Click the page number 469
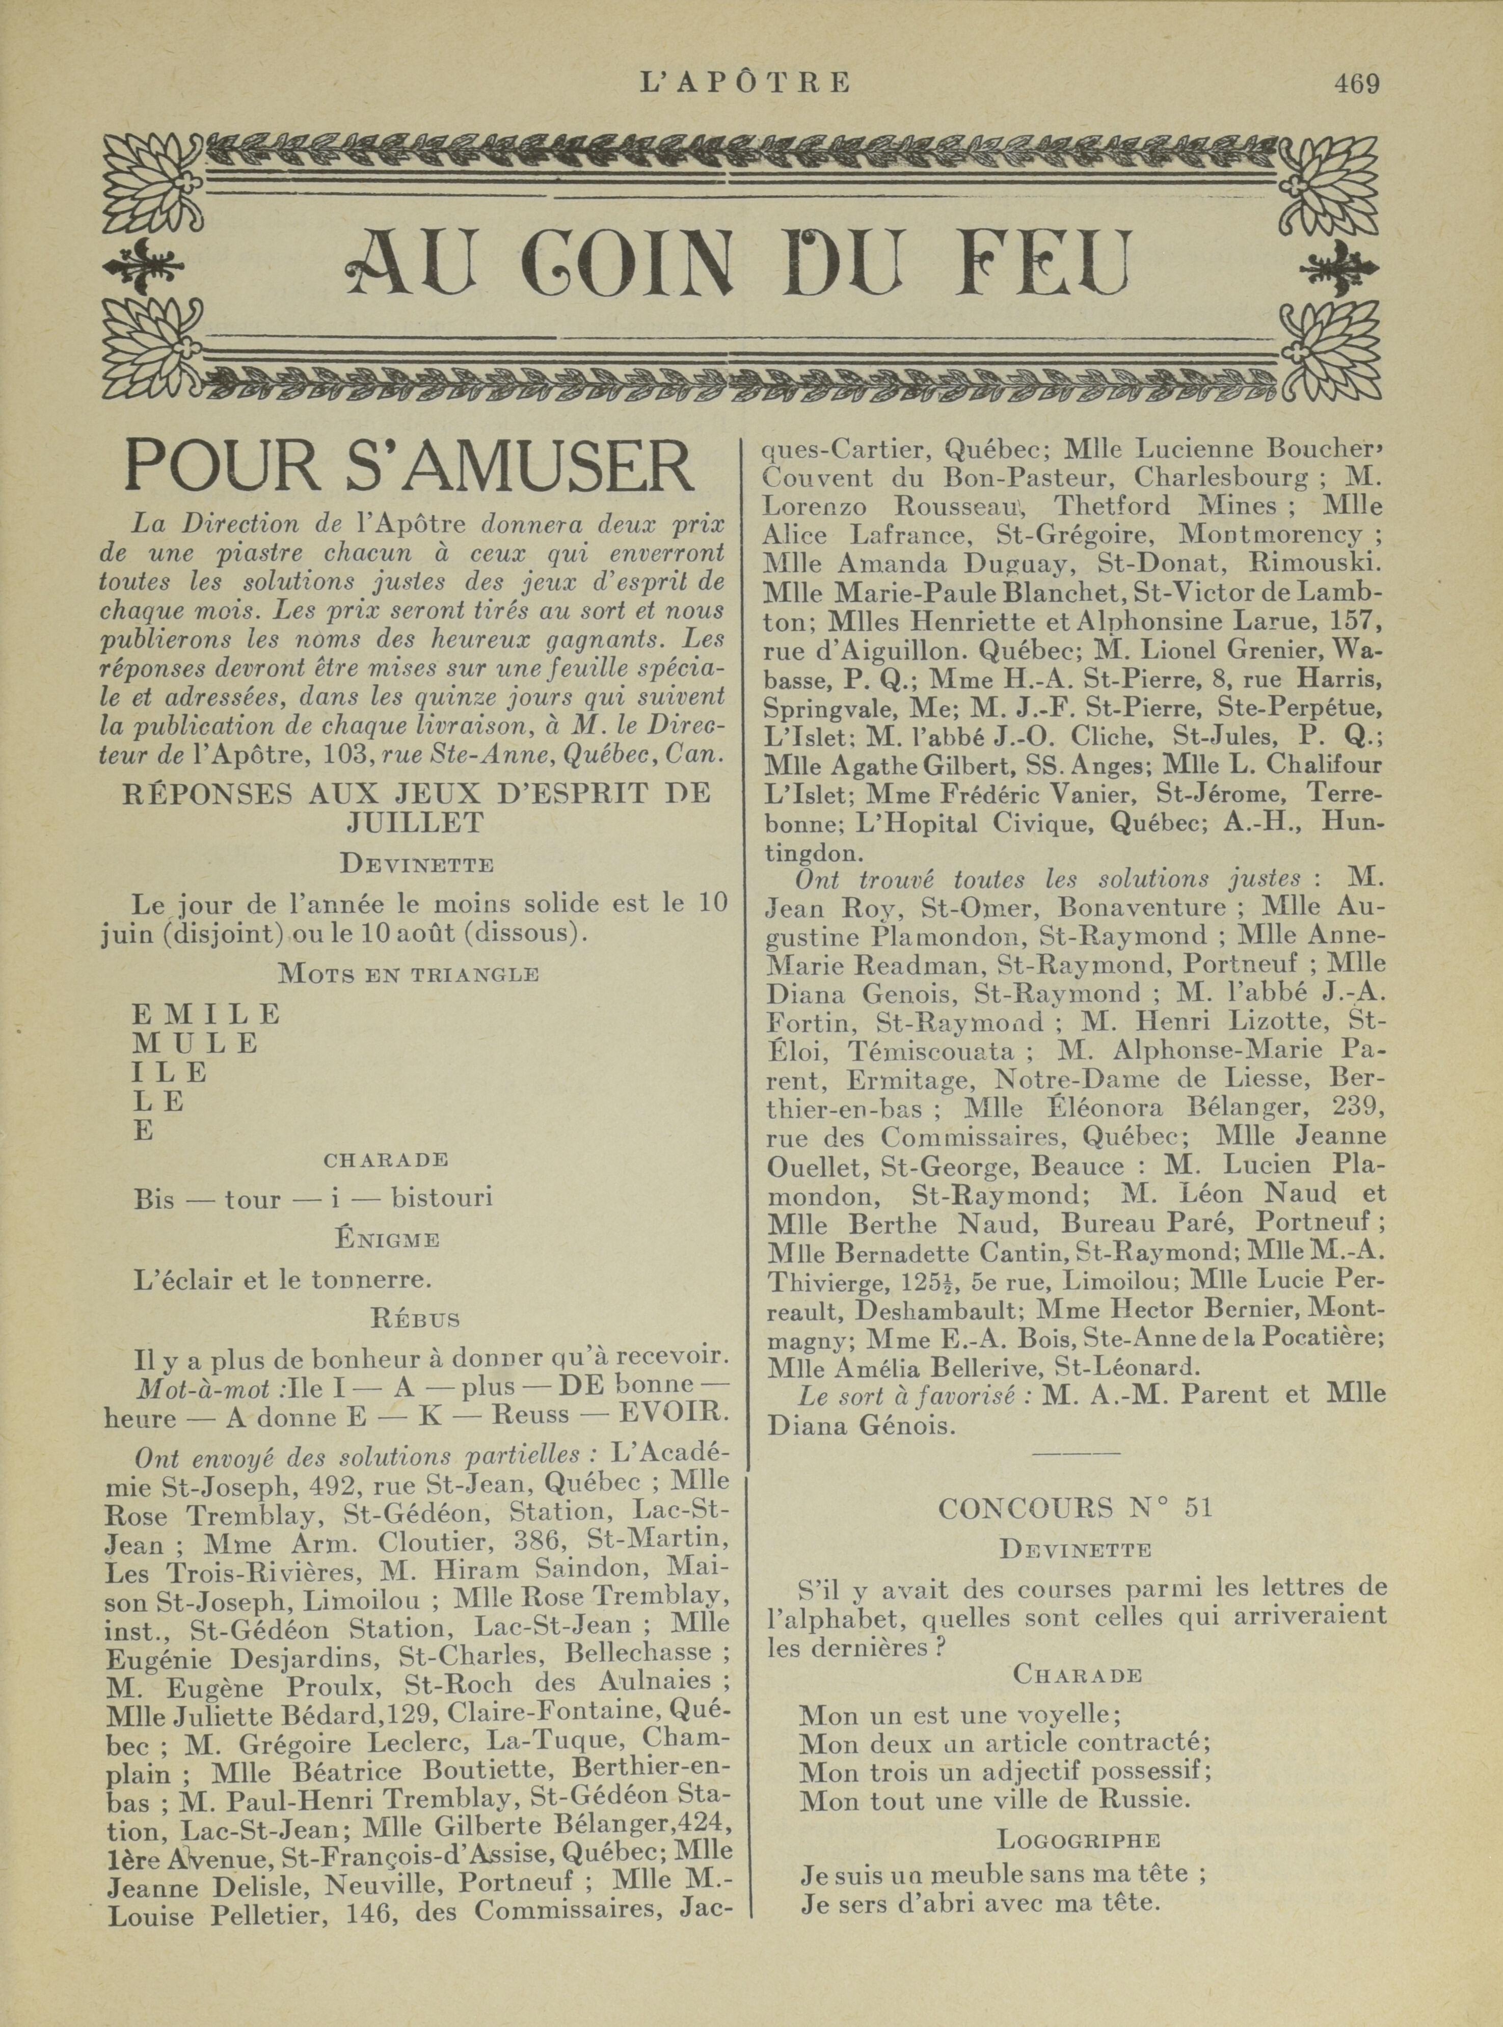[x=1356, y=84]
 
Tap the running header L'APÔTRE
[x=745, y=84]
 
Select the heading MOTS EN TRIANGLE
[x=409, y=975]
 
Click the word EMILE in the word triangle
[x=206, y=1014]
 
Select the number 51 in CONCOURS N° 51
[x=1199, y=1508]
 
